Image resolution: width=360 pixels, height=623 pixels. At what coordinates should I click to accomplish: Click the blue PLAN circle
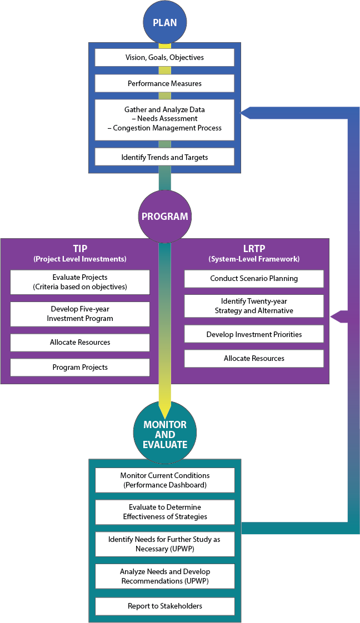click(x=164, y=23)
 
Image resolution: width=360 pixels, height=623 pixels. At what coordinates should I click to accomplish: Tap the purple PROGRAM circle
click(x=164, y=217)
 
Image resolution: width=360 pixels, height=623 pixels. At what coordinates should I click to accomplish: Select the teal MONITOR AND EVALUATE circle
click(x=164, y=434)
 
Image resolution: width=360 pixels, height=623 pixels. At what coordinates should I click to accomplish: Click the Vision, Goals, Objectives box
click(x=164, y=57)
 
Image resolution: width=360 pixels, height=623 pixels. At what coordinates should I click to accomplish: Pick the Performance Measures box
click(x=164, y=83)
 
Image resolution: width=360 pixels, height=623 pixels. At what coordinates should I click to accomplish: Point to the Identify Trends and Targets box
click(x=164, y=157)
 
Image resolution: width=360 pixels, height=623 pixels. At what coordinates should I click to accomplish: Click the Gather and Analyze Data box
click(x=164, y=119)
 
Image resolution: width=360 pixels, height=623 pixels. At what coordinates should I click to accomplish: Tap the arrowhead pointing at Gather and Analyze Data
click(x=246, y=113)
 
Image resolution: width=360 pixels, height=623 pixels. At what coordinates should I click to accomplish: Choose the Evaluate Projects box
click(x=80, y=282)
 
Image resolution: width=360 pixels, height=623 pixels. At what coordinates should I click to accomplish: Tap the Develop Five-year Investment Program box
click(x=80, y=314)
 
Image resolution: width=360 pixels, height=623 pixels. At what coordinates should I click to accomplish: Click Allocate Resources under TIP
click(x=80, y=343)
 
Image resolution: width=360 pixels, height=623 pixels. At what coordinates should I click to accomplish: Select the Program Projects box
click(x=80, y=368)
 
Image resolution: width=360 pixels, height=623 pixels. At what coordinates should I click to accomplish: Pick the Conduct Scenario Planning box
click(x=254, y=278)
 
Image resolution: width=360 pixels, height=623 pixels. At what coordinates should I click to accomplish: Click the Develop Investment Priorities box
click(x=254, y=334)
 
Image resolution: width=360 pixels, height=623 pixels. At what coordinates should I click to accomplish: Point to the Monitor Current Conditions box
click(x=164, y=480)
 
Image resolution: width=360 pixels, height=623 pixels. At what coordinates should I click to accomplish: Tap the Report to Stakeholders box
click(x=164, y=606)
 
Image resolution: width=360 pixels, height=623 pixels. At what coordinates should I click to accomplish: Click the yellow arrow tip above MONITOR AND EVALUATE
click(x=164, y=408)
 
